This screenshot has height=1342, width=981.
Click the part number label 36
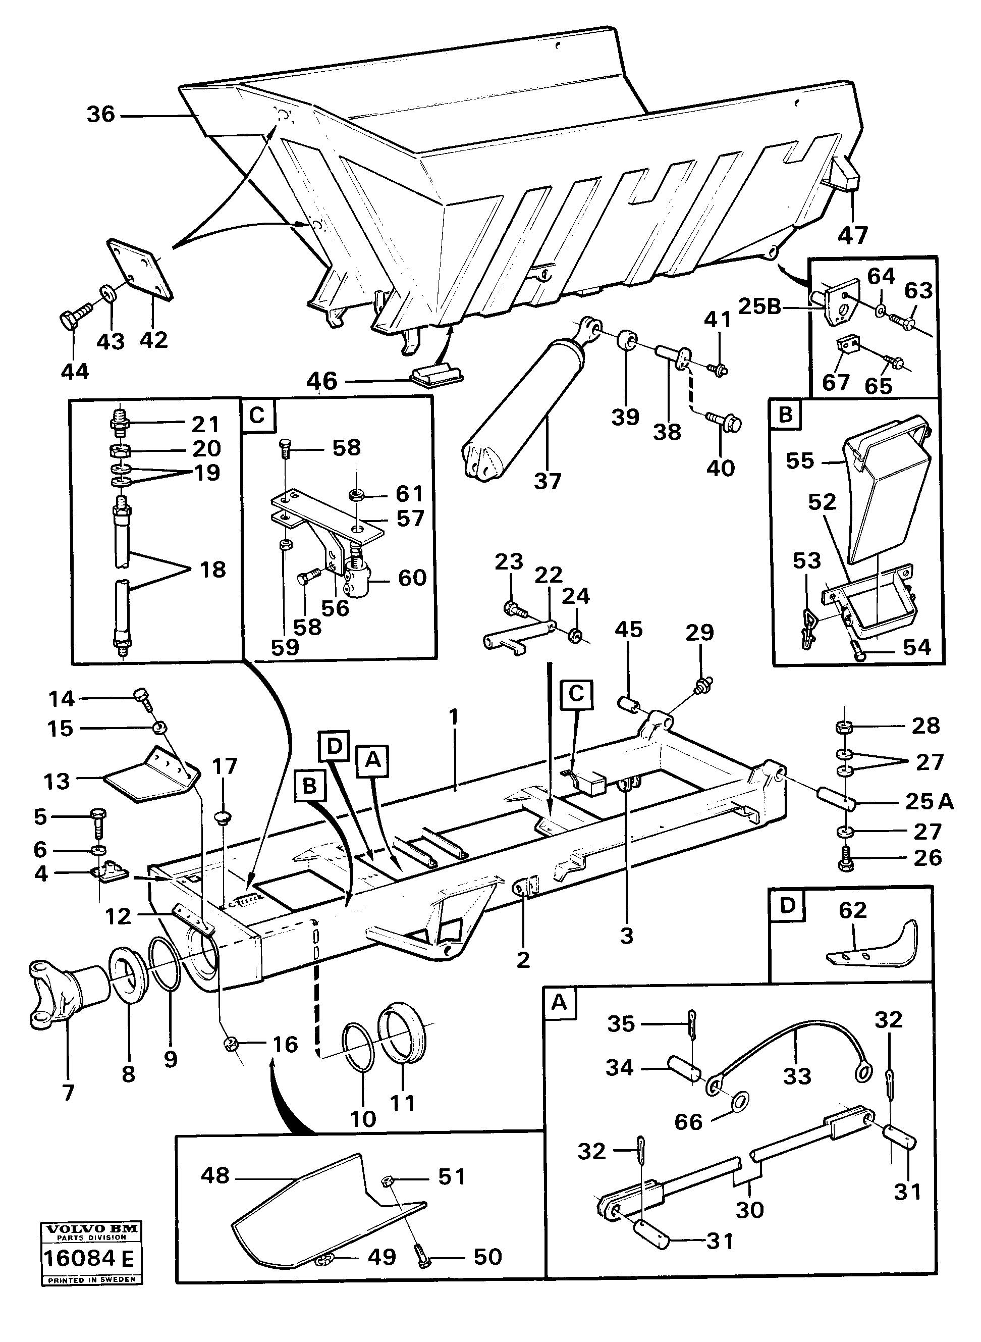[x=101, y=114]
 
